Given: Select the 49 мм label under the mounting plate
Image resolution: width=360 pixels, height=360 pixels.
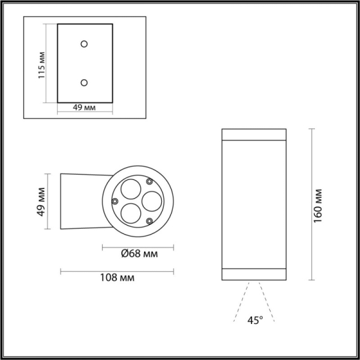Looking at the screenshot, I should [x=85, y=108].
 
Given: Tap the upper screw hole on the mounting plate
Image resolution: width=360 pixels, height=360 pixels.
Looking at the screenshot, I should [x=85, y=44].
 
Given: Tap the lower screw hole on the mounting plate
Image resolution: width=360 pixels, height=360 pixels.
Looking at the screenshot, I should [x=85, y=82].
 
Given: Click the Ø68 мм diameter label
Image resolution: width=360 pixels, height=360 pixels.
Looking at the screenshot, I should [x=139, y=254].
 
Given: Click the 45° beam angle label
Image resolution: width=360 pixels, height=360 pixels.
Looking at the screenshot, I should [x=254, y=320].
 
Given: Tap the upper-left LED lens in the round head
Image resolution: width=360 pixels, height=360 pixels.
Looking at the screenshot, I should [x=128, y=190].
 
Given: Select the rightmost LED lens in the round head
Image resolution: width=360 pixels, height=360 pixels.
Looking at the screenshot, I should [x=150, y=200].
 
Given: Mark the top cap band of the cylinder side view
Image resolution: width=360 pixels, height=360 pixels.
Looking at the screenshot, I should [x=254, y=134].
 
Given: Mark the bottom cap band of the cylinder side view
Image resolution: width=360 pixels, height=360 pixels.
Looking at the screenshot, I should [x=254, y=274].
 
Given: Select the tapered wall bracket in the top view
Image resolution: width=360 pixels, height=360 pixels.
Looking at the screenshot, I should [x=81, y=202].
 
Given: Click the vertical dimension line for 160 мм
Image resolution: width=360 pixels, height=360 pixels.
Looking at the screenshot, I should [x=311, y=204].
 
